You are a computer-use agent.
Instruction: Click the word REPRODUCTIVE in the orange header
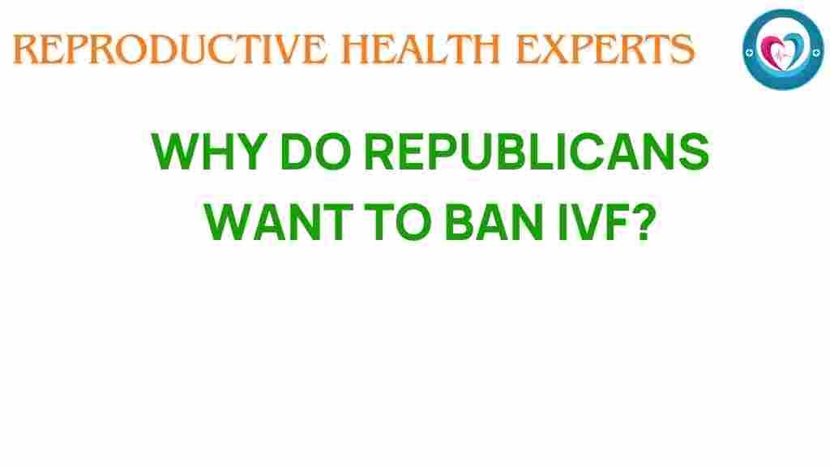170,49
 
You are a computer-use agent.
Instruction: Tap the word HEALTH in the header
421,49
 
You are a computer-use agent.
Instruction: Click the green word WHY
209,152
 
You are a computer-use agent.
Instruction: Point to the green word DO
317,152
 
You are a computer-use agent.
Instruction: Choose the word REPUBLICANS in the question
537,152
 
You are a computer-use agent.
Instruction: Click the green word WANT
279,222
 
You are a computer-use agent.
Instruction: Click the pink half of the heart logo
772,50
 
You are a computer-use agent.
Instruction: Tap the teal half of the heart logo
794,49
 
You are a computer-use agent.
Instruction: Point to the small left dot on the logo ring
749,53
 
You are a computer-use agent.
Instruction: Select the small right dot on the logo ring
817,52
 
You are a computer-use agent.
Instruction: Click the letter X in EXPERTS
551,49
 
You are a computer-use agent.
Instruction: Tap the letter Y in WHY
250,152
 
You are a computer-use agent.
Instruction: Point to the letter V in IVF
586,222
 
